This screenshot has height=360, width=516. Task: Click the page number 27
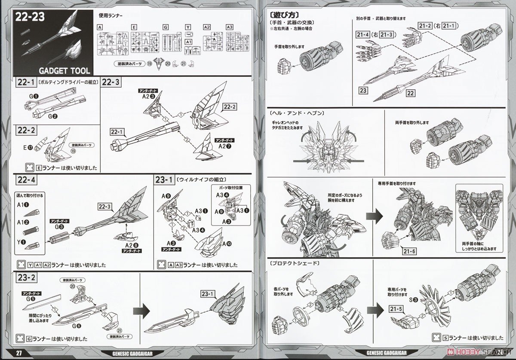[19, 354]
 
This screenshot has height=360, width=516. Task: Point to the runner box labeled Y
[188, 27]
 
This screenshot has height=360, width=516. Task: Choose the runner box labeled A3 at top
[229, 27]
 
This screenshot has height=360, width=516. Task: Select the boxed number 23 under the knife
[365, 90]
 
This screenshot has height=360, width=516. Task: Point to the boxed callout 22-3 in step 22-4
[107, 206]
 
